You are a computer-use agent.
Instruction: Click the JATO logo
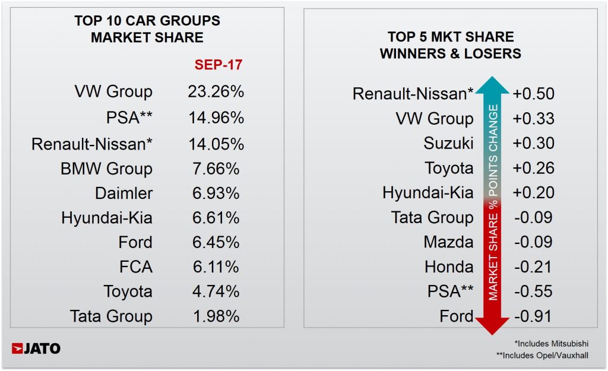coord(36,348)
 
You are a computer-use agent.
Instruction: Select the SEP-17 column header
coord(218,64)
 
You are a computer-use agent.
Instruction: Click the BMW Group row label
coord(106,169)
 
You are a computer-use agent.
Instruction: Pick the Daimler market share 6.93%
coord(212,194)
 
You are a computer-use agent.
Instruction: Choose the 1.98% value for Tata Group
coord(212,316)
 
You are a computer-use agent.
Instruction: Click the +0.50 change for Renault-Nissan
coord(533,94)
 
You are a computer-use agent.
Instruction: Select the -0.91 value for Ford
coord(532,316)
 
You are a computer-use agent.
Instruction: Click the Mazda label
coord(448,242)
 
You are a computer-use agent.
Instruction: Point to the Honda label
coord(449,267)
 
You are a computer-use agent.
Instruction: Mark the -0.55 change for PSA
coord(532,291)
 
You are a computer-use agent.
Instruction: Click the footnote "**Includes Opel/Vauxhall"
coord(550,356)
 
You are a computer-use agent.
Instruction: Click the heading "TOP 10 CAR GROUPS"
coord(147,21)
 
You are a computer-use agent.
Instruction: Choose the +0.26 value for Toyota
coord(533,168)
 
